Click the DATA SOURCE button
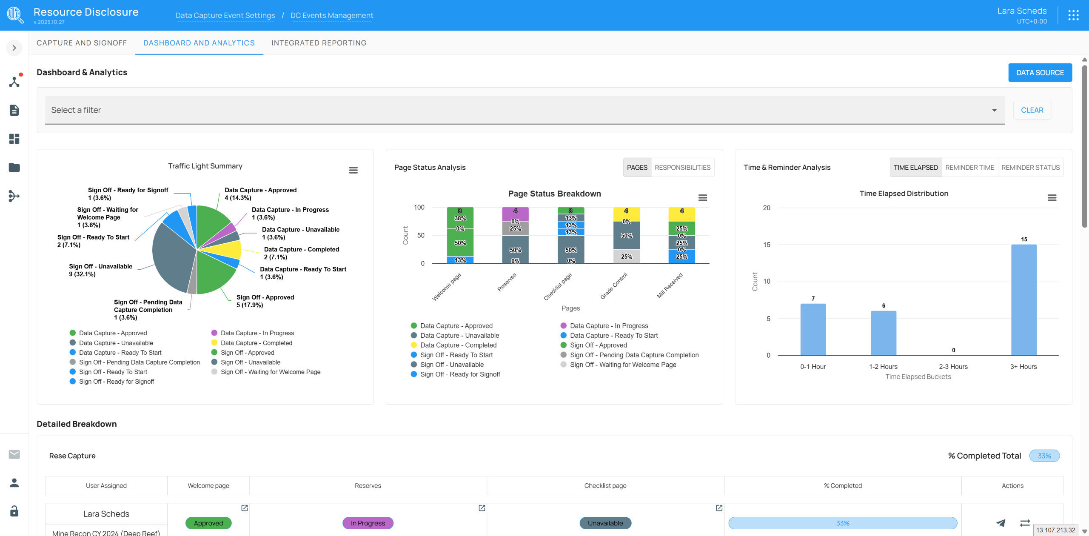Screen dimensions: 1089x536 1040,73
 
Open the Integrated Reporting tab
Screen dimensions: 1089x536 319,43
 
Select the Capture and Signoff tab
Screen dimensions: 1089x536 82,43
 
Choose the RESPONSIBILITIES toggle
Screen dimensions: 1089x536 682,168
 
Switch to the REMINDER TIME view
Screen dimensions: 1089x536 969,168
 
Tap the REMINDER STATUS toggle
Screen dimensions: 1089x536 1030,168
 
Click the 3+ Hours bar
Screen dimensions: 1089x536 1023,300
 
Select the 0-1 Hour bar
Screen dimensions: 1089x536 813,329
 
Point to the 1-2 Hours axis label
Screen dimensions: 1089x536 883,367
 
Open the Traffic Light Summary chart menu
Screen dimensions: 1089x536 353,170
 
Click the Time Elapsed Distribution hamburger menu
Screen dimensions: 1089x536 1052,198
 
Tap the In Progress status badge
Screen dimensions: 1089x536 368,523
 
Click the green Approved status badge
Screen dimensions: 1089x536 208,523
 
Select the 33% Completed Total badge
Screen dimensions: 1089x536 1044,456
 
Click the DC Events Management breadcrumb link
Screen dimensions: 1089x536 332,15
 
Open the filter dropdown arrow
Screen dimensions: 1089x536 994,110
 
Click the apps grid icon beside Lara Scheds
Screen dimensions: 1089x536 1073,15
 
